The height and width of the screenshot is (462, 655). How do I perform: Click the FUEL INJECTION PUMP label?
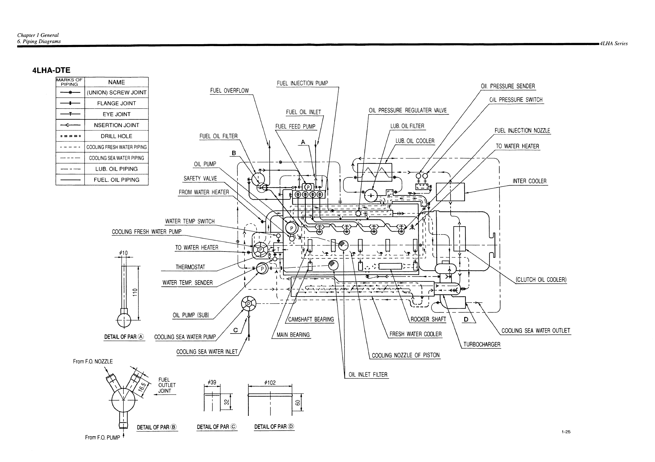[x=302, y=83]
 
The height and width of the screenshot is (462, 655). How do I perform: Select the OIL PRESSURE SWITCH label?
[x=516, y=100]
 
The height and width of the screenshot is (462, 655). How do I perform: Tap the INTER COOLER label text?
[x=529, y=181]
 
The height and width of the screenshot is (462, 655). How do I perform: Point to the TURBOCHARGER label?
[x=481, y=344]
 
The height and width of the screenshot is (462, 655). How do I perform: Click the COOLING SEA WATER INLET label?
[x=207, y=352]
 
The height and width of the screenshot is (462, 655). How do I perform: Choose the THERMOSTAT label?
[x=190, y=267]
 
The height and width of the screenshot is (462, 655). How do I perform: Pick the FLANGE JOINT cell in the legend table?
[x=116, y=103]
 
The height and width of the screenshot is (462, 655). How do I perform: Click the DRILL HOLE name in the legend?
[x=116, y=136]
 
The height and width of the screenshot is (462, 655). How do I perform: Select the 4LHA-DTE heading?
[x=51, y=70]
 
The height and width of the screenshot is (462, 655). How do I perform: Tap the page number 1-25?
[x=566, y=432]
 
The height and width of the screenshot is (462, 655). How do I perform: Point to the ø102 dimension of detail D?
[x=270, y=383]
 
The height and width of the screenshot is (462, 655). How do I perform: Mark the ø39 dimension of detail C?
[x=212, y=383]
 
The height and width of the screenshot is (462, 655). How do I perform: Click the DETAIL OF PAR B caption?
[x=157, y=427]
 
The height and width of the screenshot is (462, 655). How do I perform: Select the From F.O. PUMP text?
[x=102, y=437]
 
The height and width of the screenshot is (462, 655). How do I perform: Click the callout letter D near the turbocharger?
[x=466, y=319]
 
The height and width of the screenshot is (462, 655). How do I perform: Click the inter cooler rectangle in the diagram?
[x=450, y=192]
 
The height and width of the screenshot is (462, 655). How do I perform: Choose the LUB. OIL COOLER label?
[x=415, y=141]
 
